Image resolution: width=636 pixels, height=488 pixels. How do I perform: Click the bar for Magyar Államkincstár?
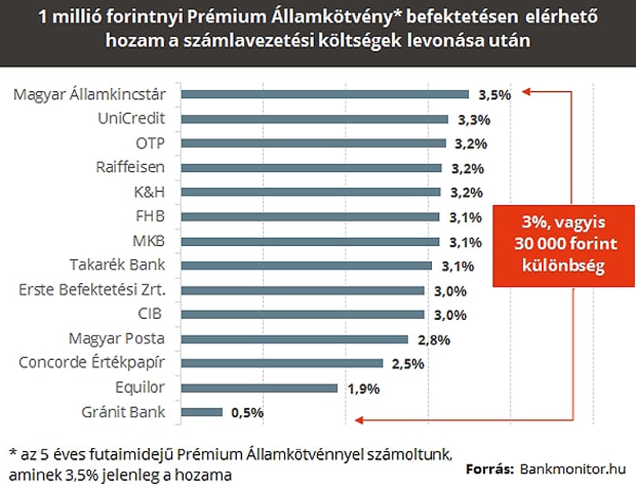pos(325,94)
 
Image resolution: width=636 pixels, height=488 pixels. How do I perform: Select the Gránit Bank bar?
pos(202,413)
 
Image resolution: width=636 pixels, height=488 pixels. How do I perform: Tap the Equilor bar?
pos(259,388)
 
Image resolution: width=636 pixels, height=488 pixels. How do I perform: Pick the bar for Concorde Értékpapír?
pos(282,363)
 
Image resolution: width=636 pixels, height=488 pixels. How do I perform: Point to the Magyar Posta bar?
pos(294,339)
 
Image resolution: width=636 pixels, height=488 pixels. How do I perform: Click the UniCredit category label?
pos(131,119)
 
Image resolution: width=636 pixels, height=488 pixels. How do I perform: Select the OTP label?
pos(150,143)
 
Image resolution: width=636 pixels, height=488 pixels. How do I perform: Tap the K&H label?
pos(149,192)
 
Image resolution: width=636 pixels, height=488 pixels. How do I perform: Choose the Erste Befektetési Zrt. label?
pos(93,290)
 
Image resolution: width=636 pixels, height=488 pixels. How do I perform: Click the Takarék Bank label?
pos(117,265)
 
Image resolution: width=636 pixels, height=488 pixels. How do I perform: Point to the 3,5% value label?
pos(495,95)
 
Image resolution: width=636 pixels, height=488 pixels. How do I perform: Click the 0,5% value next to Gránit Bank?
pos(247,413)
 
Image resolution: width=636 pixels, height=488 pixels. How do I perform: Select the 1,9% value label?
pos(364,389)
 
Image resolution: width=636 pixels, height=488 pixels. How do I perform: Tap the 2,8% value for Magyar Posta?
pos(434,339)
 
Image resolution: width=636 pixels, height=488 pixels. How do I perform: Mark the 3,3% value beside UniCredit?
pos(474,119)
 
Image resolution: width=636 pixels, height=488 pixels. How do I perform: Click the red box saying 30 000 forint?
pos(564,246)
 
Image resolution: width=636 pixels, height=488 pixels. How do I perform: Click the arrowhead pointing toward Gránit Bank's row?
pos(359,420)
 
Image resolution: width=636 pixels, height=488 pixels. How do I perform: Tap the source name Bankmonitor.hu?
pos(572,469)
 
